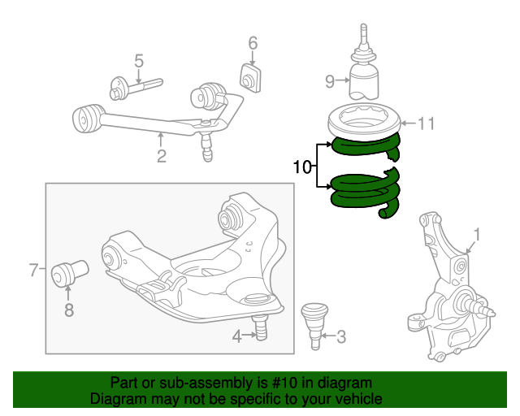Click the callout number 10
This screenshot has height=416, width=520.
(301, 167)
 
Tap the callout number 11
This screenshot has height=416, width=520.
(426, 123)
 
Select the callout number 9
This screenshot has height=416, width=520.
(330, 81)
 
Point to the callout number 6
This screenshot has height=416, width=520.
(253, 43)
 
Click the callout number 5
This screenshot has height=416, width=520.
(139, 62)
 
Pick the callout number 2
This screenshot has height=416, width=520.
(162, 156)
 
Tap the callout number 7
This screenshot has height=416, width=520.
(34, 270)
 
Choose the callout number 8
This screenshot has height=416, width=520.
(68, 310)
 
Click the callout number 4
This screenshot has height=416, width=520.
(236, 336)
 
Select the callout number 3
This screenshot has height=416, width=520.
(341, 336)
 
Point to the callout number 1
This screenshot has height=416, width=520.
(477, 235)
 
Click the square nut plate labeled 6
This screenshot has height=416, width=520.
(250, 79)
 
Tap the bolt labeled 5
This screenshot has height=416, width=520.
(136, 88)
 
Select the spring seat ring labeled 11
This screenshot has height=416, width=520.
(365, 130)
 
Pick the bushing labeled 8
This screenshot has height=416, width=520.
(70, 273)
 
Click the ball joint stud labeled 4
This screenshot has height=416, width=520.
(261, 327)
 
